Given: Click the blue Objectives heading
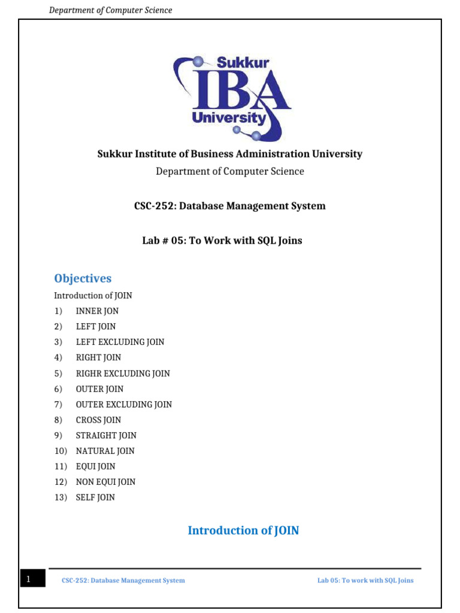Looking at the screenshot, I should coord(83,278).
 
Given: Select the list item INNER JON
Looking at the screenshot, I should coord(97,311).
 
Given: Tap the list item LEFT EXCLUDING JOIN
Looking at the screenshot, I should coord(120,342).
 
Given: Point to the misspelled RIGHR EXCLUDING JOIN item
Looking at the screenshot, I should coord(123,373).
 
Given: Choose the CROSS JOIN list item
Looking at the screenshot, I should coord(98,420).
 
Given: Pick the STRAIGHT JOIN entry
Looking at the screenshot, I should coord(106,435).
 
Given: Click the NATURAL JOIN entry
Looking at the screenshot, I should coord(105,451).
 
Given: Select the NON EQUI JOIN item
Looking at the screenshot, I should coord(105,482).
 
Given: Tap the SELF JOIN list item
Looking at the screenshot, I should coord(95,497).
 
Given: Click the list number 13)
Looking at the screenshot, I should coord(60,497).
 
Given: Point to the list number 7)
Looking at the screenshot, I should coord(58,404).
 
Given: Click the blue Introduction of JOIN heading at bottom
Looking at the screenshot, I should coord(243,530).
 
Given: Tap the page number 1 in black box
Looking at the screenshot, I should coord(28,579).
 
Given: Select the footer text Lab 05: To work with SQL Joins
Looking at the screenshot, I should coord(365,580).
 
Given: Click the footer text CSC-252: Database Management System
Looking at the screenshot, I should coord(123,580).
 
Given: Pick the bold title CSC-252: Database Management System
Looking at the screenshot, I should coord(230,206).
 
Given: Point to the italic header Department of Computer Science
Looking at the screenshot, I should coord(110,10).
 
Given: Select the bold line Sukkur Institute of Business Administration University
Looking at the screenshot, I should coord(230,154).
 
